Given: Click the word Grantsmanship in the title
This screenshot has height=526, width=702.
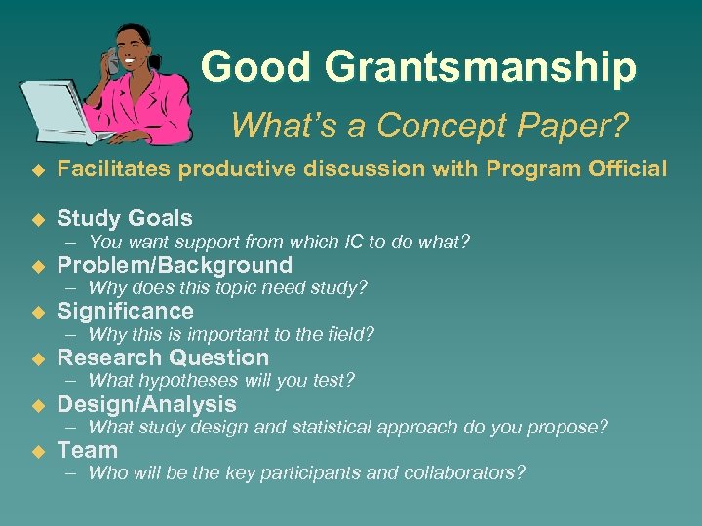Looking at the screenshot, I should [480, 68].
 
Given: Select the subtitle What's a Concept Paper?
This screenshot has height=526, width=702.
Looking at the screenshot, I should [430, 125].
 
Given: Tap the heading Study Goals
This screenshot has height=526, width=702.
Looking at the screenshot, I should [125, 218].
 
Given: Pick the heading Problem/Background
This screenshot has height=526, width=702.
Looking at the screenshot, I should [175, 265].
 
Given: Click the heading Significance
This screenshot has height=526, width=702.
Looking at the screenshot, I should [125, 311].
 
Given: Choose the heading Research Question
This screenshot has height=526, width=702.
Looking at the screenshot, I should [163, 357].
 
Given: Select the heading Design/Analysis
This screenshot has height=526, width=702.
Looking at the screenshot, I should [146, 404].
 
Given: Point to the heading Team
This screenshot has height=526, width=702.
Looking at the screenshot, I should [87, 450].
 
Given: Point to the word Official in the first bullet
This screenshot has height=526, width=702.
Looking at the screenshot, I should [627, 169].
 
